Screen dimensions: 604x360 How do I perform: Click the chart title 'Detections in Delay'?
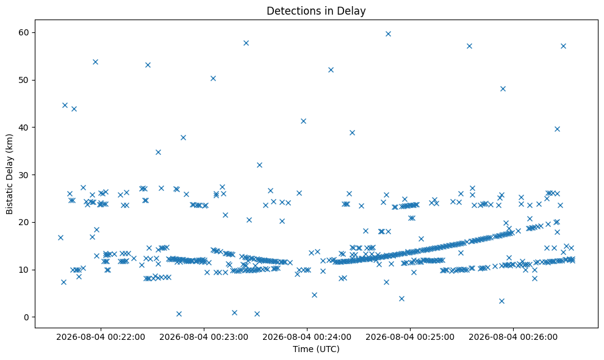pyautogui.click(x=316, y=11)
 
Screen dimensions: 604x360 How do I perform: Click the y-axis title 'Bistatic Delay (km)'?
pyautogui.click(x=9, y=174)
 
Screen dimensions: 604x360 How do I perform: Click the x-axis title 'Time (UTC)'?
pyautogui.click(x=316, y=349)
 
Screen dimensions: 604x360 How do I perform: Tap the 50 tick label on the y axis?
pyautogui.click(x=24, y=80)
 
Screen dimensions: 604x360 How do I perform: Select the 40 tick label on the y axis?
pyautogui.click(x=24, y=128)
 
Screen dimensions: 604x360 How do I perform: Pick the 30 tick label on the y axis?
pyautogui.click(x=24, y=175)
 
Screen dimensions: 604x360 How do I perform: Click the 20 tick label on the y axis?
pyautogui.click(x=24, y=222)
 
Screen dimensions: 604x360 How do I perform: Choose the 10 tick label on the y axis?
pyautogui.click(x=24, y=270)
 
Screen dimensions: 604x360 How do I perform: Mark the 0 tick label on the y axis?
pyautogui.click(x=27, y=317)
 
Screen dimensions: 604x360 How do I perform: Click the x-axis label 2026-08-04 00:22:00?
pyautogui.click(x=101, y=337)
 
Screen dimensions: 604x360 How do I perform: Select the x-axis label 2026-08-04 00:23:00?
pyautogui.click(x=204, y=337)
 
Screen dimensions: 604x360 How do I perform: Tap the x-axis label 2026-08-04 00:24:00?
pyautogui.click(x=307, y=337)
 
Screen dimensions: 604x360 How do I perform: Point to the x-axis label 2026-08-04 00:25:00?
pyautogui.click(x=410, y=337)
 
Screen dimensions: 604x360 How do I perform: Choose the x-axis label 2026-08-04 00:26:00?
pyautogui.click(x=513, y=337)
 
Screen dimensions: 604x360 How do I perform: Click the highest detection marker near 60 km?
pyautogui.click(x=388, y=34)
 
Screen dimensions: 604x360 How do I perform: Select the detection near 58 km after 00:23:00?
pyautogui.click(x=246, y=43)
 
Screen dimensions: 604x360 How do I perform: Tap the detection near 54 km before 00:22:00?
pyautogui.click(x=96, y=62)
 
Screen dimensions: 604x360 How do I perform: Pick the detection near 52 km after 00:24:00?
pyautogui.click(x=331, y=70)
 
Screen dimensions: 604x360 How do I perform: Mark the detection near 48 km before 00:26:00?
pyautogui.click(x=503, y=88)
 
